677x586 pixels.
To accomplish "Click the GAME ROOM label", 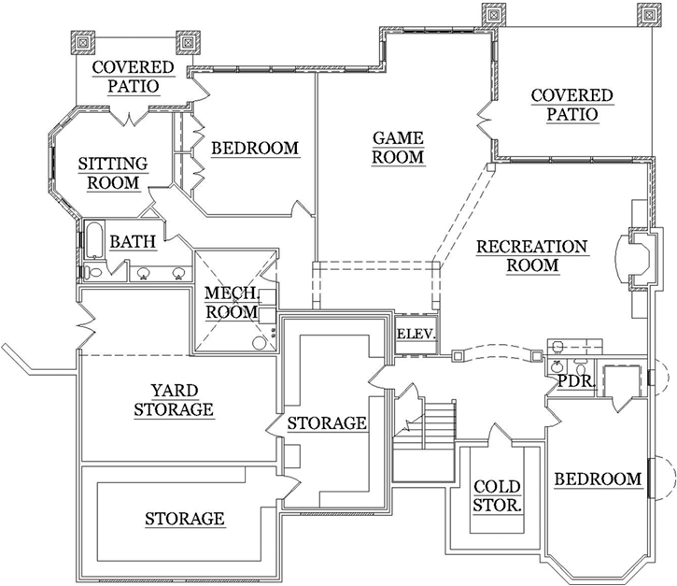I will pyautogui.click(x=399, y=148).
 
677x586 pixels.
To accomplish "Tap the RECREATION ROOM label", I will pyautogui.click(x=532, y=256).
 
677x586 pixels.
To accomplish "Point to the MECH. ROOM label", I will pyautogui.click(x=232, y=303).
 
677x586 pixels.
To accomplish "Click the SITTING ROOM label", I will pyautogui.click(x=113, y=174).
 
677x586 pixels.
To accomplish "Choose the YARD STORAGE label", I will pyautogui.click(x=174, y=399).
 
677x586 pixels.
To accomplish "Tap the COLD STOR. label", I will pyautogui.click(x=497, y=495).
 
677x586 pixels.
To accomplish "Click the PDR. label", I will pyautogui.click(x=571, y=381).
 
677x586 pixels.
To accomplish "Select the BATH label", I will pyautogui.click(x=133, y=242).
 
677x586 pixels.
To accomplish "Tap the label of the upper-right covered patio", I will pyautogui.click(x=571, y=105).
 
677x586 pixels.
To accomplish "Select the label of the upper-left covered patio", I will pyautogui.click(x=133, y=77).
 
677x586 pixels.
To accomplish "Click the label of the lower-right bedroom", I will pyautogui.click(x=599, y=479).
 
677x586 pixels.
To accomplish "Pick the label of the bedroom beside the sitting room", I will pyautogui.click(x=255, y=148).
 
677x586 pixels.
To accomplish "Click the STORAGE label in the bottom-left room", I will pyautogui.click(x=185, y=518).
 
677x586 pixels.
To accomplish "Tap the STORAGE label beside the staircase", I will pyautogui.click(x=327, y=423).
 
